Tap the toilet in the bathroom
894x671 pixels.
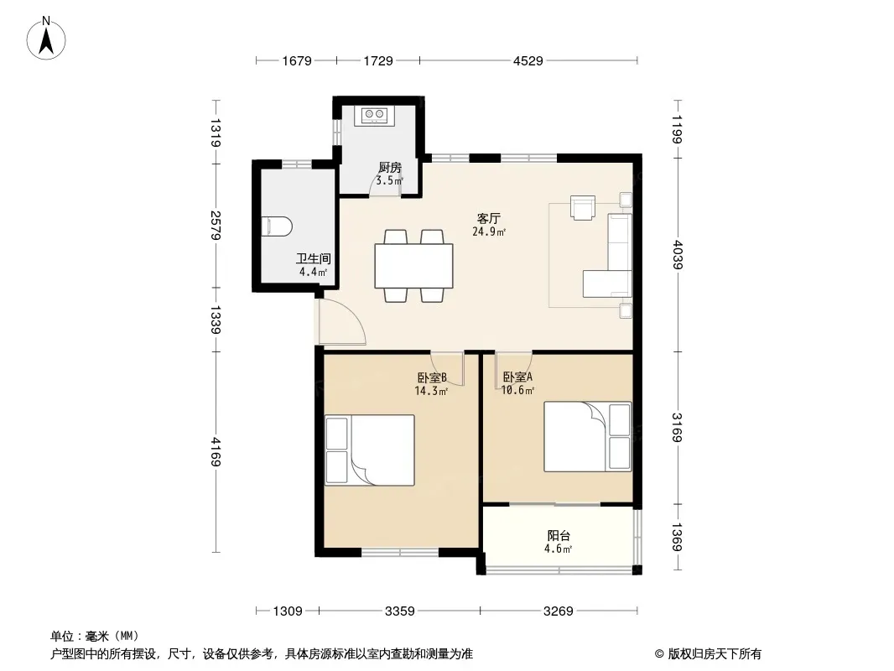click(x=276, y=226)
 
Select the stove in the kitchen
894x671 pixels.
click(x=373, y=116)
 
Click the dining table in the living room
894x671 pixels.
click(x=414, y=266)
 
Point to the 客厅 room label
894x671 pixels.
click(x=489, y=218)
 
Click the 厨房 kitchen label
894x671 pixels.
click(x=390, y=168)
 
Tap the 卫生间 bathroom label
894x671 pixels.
click(x=313, y=259)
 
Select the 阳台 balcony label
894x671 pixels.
click(x=559, y=536)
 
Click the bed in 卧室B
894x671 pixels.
click(x=370, y=450)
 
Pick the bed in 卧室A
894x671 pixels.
click(x=587, y=437)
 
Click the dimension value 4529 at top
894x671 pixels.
click(x=528, y=60)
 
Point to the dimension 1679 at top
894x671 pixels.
click(x=297, y=60)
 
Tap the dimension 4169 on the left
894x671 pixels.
click(x=216, y=451)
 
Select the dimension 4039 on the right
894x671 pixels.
click(x=678, y=254)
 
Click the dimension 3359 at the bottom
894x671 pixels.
click(x=400, y=611)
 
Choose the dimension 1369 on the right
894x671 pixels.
click(x=678, y=537)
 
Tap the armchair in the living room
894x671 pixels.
click(x=583, y=207)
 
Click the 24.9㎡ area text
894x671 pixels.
click(x=489, y=231)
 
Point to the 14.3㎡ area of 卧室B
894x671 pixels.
click(x=431, y=391)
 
